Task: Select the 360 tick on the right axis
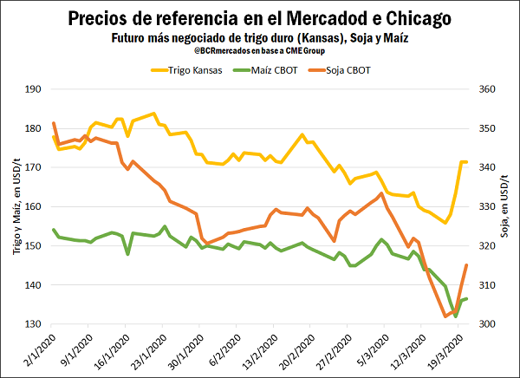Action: click(487, 89)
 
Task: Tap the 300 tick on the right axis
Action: click(487, 324)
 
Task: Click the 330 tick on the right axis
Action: click(487, 206)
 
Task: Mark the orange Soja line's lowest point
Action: click(446, 316)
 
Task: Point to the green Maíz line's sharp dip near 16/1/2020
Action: click(128, 254)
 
